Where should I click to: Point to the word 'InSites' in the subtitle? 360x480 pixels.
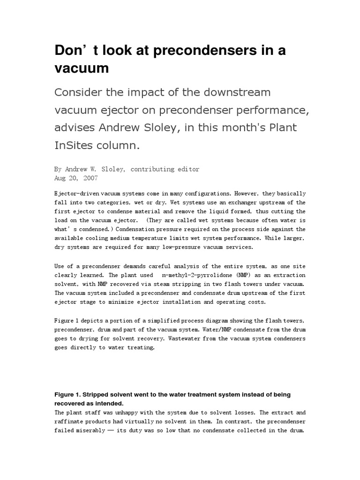click(x=74, y=145)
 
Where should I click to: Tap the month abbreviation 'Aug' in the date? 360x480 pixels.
click(x=61, y=178)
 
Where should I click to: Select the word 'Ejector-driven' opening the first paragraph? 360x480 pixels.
click(x=80, y=194)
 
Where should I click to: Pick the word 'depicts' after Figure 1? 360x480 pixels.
click(x=98, y=320)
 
